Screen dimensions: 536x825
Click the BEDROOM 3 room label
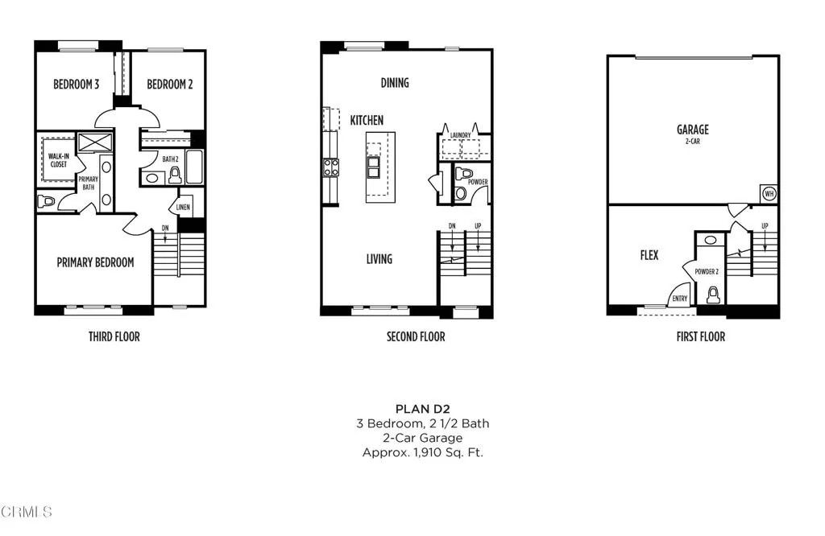(x=77, y=85)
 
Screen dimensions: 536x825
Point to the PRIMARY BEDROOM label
(x=95, y=262)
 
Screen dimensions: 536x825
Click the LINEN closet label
(x=183, y=208)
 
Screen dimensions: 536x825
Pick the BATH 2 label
(x=170, y=159)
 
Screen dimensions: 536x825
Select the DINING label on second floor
(x=395, y=83)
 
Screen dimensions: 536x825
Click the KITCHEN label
(x=367, y=120)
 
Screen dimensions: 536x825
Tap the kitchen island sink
(x=375, y=167)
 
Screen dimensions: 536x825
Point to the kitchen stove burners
(x=331, y=167)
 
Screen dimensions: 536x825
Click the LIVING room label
(x=379, y=258)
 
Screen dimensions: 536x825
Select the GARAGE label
(x=692, y=129)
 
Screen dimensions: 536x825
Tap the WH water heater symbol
(x=769, y=194)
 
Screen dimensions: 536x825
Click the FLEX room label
(x=649, y=255)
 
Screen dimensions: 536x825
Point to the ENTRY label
(x=678, y=299)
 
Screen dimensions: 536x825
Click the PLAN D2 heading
(x=422, y=409)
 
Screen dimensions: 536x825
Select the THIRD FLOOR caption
(x=114, y=336)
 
